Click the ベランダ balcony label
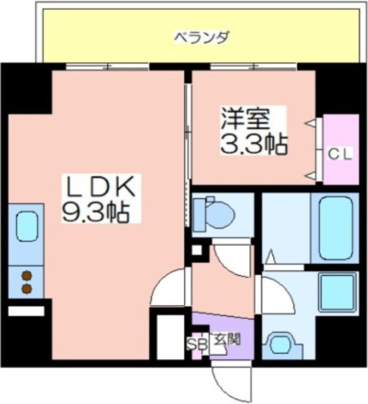point(202,38)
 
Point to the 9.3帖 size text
point(96,212)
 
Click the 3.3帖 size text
point(253,144)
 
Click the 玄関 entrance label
point(227,339)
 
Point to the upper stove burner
point(27,276)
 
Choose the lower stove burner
point(27,288)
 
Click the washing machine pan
point(338,293)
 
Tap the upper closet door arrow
point(310,123)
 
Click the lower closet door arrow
point(310,176)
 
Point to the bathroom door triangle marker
point(270,257)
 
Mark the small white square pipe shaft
point(197,250)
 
